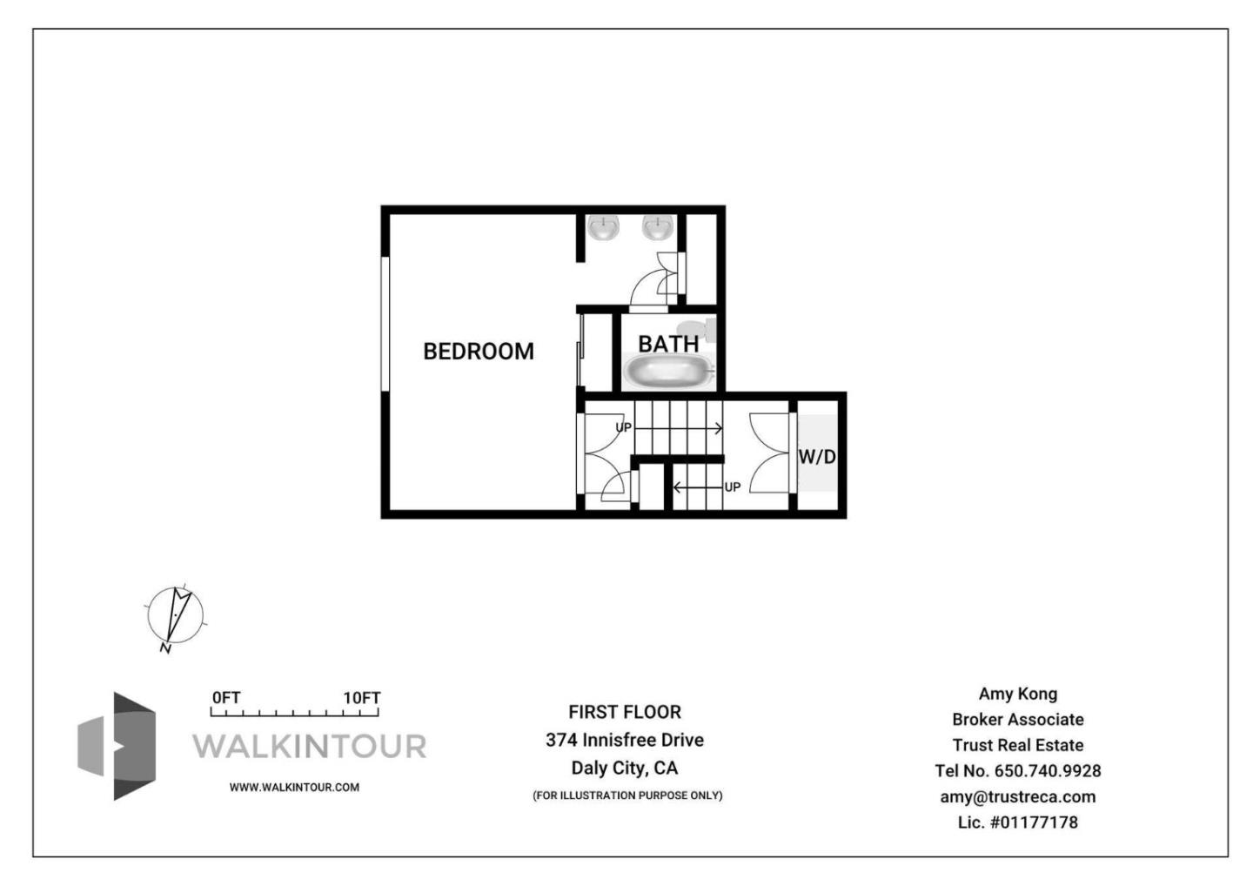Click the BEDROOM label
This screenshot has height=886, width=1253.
click(478, 351)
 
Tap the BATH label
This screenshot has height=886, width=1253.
click(667, 344)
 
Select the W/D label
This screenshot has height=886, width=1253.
click(817, 456)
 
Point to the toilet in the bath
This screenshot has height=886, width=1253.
click(701, 329)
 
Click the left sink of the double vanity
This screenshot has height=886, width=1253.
click(602, 228)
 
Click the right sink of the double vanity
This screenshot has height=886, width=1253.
click(659, 228)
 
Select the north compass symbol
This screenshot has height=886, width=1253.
click(176, 614)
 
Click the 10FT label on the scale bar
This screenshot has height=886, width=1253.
click(361, 698)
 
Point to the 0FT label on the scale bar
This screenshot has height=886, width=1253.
click(226, 698)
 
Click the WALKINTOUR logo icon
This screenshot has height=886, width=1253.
click(117, 746)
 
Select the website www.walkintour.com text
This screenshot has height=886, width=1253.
click(294, 787)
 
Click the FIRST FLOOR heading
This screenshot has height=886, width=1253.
click(625, 712)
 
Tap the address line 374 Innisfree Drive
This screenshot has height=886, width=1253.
click(625, 740)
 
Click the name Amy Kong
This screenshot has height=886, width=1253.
click(1017, 694)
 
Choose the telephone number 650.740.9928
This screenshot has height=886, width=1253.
click(1047, 771)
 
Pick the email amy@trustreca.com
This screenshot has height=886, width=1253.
click(1017, 796)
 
